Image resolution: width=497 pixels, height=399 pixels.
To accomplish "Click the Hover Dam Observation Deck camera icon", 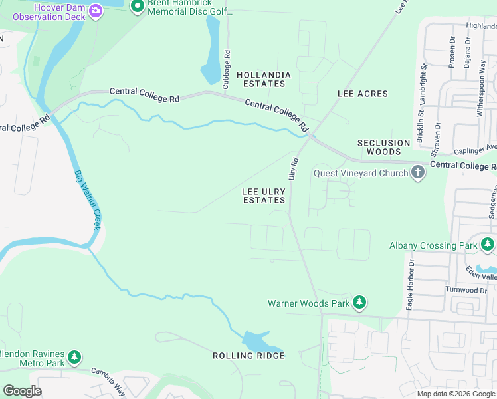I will pos(96,10).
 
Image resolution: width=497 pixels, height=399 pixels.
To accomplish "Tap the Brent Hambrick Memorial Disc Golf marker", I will pos(138,7).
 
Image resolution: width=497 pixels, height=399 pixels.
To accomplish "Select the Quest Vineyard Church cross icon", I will pos(418,173).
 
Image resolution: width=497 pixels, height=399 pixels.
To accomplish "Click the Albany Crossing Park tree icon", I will pos(488,245).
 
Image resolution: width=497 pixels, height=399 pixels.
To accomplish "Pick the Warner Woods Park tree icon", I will pos(359,303).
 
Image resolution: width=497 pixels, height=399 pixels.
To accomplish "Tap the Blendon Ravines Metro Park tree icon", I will pos(74,358).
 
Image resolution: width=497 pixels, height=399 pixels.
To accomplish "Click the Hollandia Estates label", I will pos(260,80).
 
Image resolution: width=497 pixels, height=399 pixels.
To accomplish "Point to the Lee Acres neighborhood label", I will pos(362,94).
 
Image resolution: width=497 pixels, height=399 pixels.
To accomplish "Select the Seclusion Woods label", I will pos(383,147).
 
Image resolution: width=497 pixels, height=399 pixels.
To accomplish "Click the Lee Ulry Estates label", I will pos(264,196).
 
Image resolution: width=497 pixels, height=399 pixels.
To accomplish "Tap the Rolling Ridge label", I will pos(248,356).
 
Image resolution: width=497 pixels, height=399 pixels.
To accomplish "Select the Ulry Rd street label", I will pos(292,168).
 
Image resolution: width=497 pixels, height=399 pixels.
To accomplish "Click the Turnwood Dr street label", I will pos(468,291).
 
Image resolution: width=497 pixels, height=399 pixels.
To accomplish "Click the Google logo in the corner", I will pos(22,391).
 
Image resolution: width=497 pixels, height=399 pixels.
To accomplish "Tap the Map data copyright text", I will pos(456,394).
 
